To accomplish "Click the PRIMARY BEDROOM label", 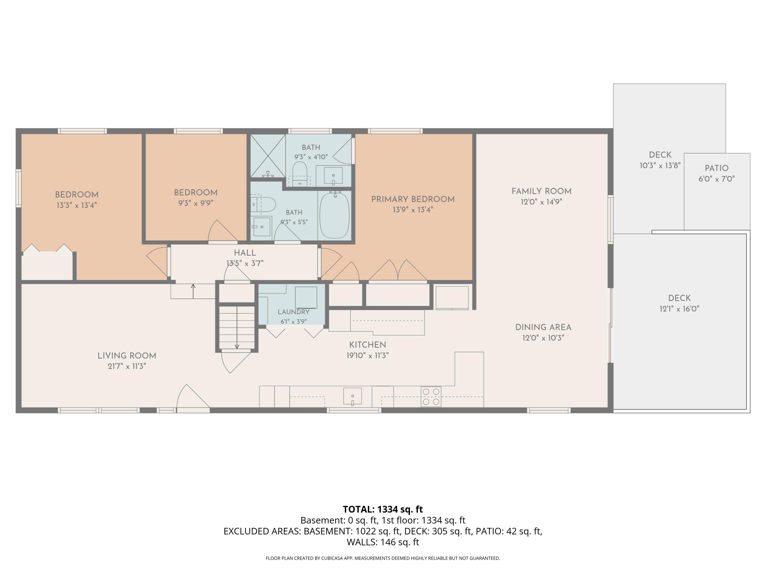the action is pyautogui.click(x=413, y=199).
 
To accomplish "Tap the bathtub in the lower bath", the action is pyautogui.click(x=334, y=215).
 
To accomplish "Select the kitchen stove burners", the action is pyautogui.click(x=431, y=396).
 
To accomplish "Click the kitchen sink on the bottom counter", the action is pyautogui.click(x=353, y=396).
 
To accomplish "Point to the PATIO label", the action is pyautogui.click(x=716, y=168).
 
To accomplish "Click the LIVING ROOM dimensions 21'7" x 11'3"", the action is pyautogui.click(x=127, y=366).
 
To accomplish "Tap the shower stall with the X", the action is pyautogui.click(x=268, y=156).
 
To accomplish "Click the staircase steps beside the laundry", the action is pyautogui.click(x=237, y=327).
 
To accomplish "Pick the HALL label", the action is pyautogui.click(x=245, y=253).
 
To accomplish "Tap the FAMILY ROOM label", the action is pyautogui.click(x=542, y=191).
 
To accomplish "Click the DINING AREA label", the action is pyautogui.click(x=543, y=327).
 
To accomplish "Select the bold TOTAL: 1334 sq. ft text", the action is pyautogui.click(x=383, y=509).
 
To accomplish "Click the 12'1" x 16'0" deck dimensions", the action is pyautogui.click(x=679, y=309).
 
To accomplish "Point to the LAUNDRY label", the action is pyautogui.click(x=294, y=312).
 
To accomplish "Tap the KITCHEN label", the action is pyautogui.click(x=367, y=345).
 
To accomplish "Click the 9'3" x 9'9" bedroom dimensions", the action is pyautogui.click(x=196, y=203).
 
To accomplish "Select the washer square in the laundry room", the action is pyautogui.click(x=306, y=297).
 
